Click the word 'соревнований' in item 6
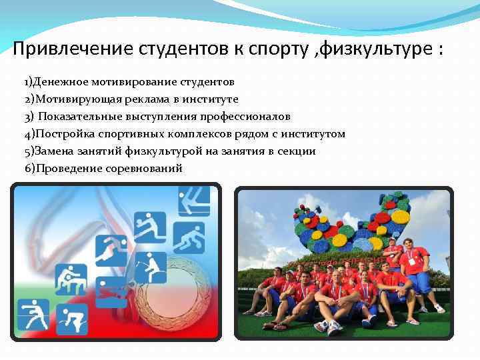coord(145,169)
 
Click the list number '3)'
coord(29,117)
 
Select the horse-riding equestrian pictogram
coord(150,267)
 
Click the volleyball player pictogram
coord(150,227)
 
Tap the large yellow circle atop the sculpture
coord(400,217)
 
